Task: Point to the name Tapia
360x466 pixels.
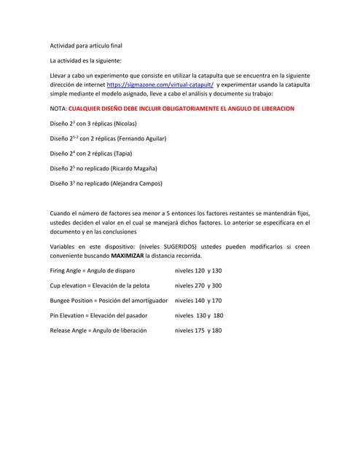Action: pos(130,154)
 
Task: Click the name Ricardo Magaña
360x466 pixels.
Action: pos(136,168)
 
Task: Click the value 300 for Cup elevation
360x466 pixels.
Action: pos(216,285)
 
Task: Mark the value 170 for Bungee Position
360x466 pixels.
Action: pos(216,301)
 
